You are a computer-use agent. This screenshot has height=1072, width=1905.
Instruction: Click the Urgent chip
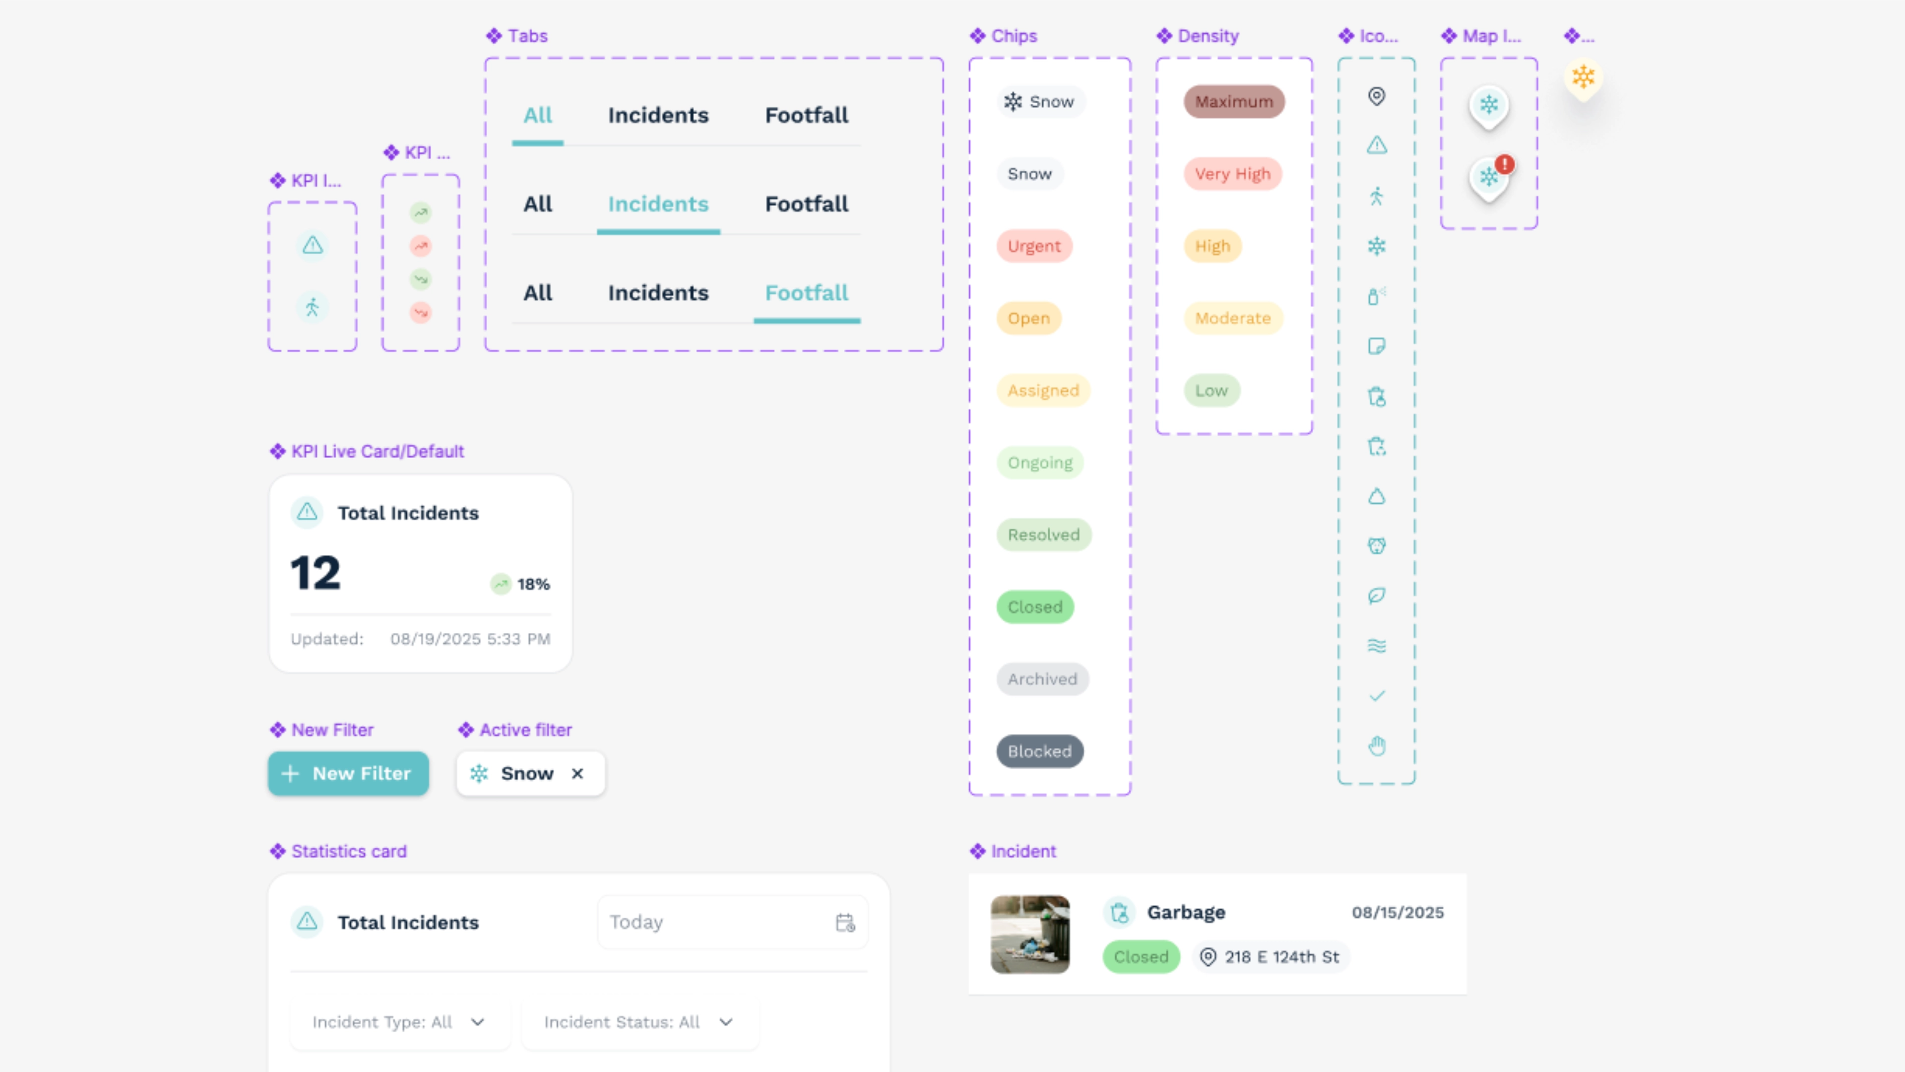[1034, 246]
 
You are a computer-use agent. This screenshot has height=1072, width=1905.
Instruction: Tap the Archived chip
[1043, 679]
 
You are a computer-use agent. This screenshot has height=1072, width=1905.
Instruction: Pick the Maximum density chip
[1234, 101]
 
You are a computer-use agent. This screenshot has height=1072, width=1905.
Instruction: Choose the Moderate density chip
[1233, 318]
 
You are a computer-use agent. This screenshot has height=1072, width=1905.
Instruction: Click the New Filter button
[348, 774]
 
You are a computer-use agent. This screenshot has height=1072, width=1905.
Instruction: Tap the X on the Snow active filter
[577, 774]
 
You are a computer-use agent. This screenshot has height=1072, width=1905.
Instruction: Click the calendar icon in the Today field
[845, 923]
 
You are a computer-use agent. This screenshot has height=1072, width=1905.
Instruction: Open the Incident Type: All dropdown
[400, 1022]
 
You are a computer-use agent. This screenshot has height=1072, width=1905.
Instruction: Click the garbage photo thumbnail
[1030, 935]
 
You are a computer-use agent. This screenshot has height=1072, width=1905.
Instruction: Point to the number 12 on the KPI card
[316, 573]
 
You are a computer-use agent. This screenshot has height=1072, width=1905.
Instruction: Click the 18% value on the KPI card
[533, 585]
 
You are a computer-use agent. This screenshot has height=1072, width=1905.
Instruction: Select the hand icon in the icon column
[1376, 746]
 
